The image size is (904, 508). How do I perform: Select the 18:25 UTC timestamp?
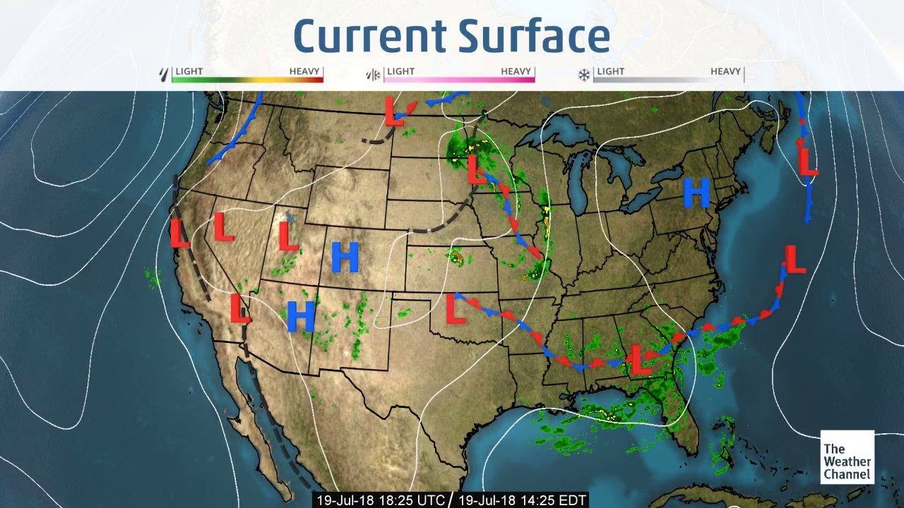pos(381,500)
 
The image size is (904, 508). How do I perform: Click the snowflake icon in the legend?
pos(585,73)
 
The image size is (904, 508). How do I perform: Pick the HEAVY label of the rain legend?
pos(304,71)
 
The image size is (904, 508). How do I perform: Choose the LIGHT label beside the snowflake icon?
pos(610,71)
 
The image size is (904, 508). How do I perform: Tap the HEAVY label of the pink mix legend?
pos(516,71)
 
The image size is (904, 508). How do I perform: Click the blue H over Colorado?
pos(345,258)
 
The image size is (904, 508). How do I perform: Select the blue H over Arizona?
pos(301,316)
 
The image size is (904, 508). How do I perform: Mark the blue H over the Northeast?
pos(696,193)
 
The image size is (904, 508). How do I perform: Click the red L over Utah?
pos(288,236)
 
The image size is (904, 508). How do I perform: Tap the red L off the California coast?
pos(180,233)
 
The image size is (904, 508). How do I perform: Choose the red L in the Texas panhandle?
pos(456,310)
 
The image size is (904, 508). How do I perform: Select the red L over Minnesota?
pos(477,170)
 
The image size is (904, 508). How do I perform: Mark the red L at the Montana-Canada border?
pos(393,111)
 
